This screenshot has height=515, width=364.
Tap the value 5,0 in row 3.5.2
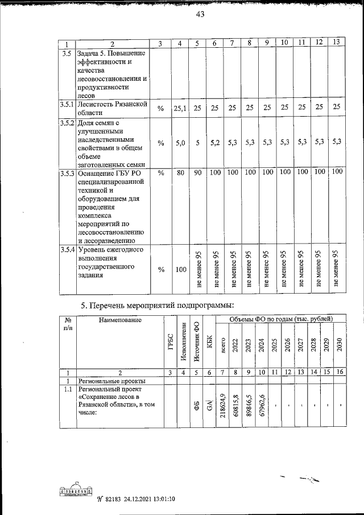pyautogui.click(x=179, y=144)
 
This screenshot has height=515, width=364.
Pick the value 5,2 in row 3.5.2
pyautogui.click(x=214, y=144)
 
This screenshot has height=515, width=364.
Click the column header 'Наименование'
pyautogui.click(x=118, y=320)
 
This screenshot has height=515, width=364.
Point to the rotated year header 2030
pyautogui.click(x=340, y=346)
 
